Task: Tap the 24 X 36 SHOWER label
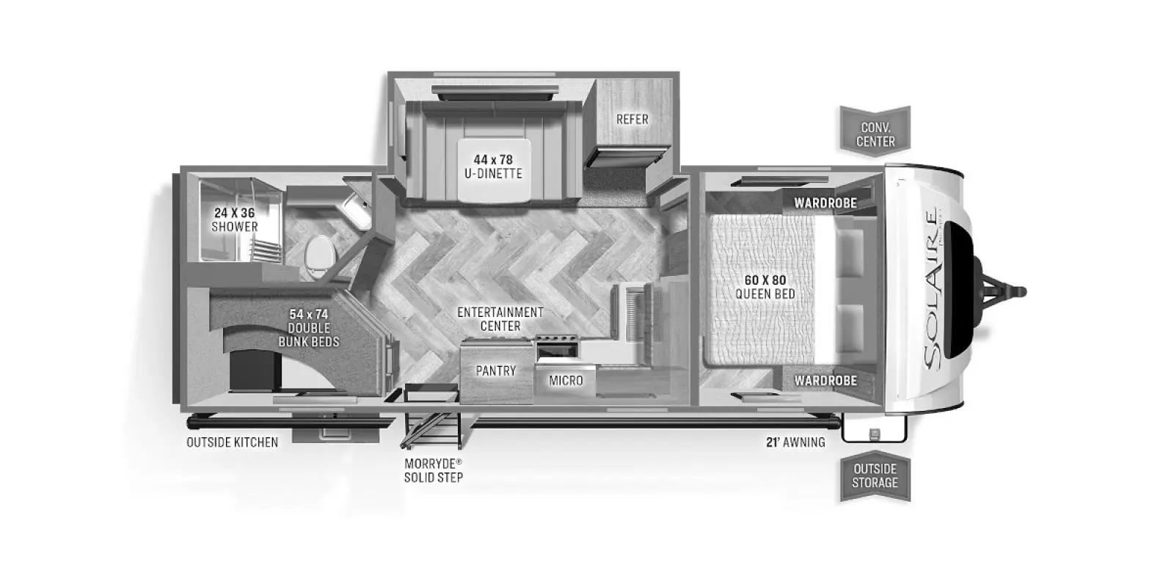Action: (x=235, y=219)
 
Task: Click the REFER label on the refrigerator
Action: (x=632, y=119)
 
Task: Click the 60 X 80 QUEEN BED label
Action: (x=765, y=287)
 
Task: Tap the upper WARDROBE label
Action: (x=825, y=203)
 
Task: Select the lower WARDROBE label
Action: (x=825, y=381)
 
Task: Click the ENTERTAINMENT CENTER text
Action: (x=500, y=318)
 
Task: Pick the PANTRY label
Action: (x=496, y=371)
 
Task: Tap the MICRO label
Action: (x=566, y=380)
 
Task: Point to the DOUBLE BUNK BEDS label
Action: (x=308, y=328)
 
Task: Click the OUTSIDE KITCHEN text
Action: (x=232, y=442)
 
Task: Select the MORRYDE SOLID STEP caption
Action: (x=434, y=470)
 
